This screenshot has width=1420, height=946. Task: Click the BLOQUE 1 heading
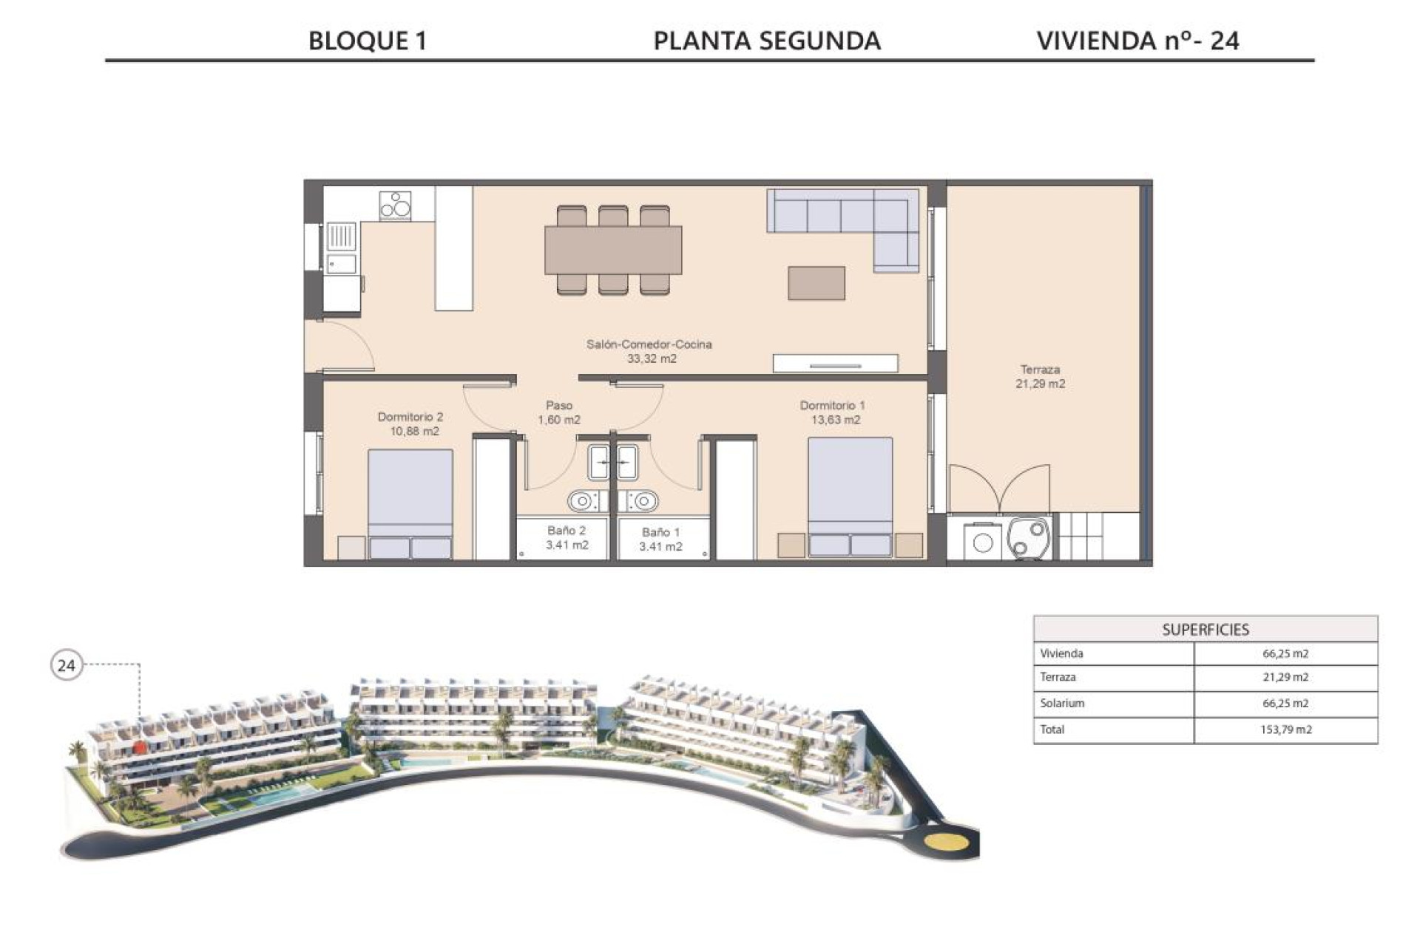[368, 40]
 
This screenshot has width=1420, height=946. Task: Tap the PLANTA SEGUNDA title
[767, 40]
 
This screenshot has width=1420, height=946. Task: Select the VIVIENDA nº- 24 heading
[1137, 40]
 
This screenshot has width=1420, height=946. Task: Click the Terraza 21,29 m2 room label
[1040, 376]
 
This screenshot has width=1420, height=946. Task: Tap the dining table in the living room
[613, 251]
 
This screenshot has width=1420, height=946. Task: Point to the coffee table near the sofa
[816, 283]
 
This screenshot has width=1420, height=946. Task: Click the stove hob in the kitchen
[395, 205]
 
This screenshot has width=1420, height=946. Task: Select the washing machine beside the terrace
[983, 542]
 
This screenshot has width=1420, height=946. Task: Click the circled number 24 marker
[67, 665]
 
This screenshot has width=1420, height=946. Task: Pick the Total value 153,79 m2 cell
[1285, 729]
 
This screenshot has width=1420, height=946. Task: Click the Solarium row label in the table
[1062, 703]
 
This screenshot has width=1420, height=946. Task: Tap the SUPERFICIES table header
[1205, 630]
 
